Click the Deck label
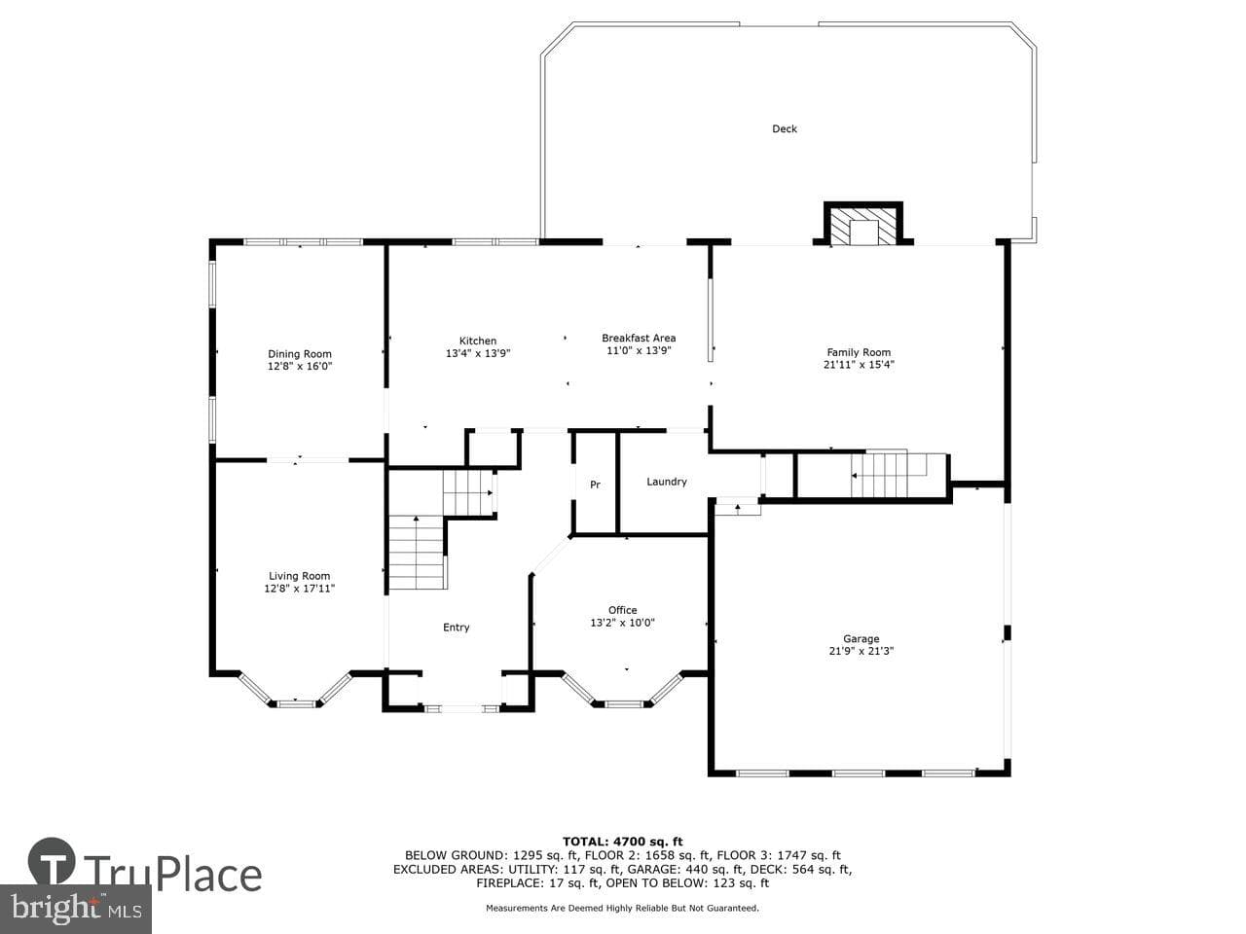click(x=784, y=128)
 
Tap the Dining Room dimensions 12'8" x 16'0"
click(x=299, y=367)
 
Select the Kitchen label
click(x=477, y=341)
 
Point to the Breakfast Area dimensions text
click(x=639, y=350)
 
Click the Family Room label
click(x=859, y=352)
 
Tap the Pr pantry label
click(x=595, y=485)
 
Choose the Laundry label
click(x=667, y=482)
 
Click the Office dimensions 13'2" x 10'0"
click(x=622, y=623)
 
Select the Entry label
click(x=456, y=628)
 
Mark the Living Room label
click(x=299, y=576)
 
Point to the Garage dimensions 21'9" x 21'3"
click(x=861, y=651)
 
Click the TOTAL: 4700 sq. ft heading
click(x=622, y=842)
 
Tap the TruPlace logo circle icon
click(x=52, y=862)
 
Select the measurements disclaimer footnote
click(x=622, y=908)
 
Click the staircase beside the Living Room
click(x=416, y=552)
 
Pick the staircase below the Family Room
click(x=889, y=475)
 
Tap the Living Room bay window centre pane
click(x=296, y=704)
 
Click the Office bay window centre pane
click(x=623, y=704)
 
